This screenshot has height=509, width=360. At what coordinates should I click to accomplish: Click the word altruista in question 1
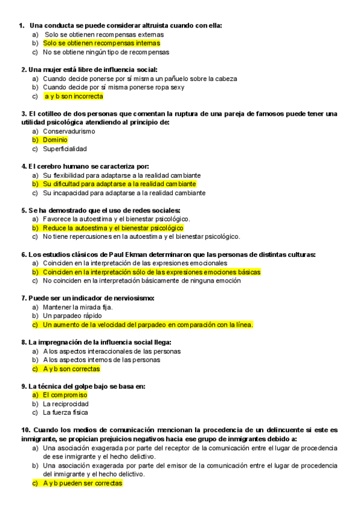159,25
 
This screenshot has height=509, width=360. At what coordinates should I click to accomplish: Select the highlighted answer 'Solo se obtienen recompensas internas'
101,43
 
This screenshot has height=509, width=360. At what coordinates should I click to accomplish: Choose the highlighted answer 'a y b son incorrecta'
73,96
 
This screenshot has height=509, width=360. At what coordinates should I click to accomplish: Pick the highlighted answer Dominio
55,140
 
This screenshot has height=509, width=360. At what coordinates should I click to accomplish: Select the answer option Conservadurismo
69,131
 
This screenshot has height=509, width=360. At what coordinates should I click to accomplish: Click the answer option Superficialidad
65,149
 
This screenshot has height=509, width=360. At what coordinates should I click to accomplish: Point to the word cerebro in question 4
54,166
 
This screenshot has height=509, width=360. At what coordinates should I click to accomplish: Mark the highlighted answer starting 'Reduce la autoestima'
113,228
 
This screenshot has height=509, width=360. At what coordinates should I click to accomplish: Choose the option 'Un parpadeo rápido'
72,316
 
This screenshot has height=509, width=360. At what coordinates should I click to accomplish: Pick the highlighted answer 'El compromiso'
65,395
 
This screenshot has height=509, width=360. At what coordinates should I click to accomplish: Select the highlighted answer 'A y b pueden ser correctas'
82,483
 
